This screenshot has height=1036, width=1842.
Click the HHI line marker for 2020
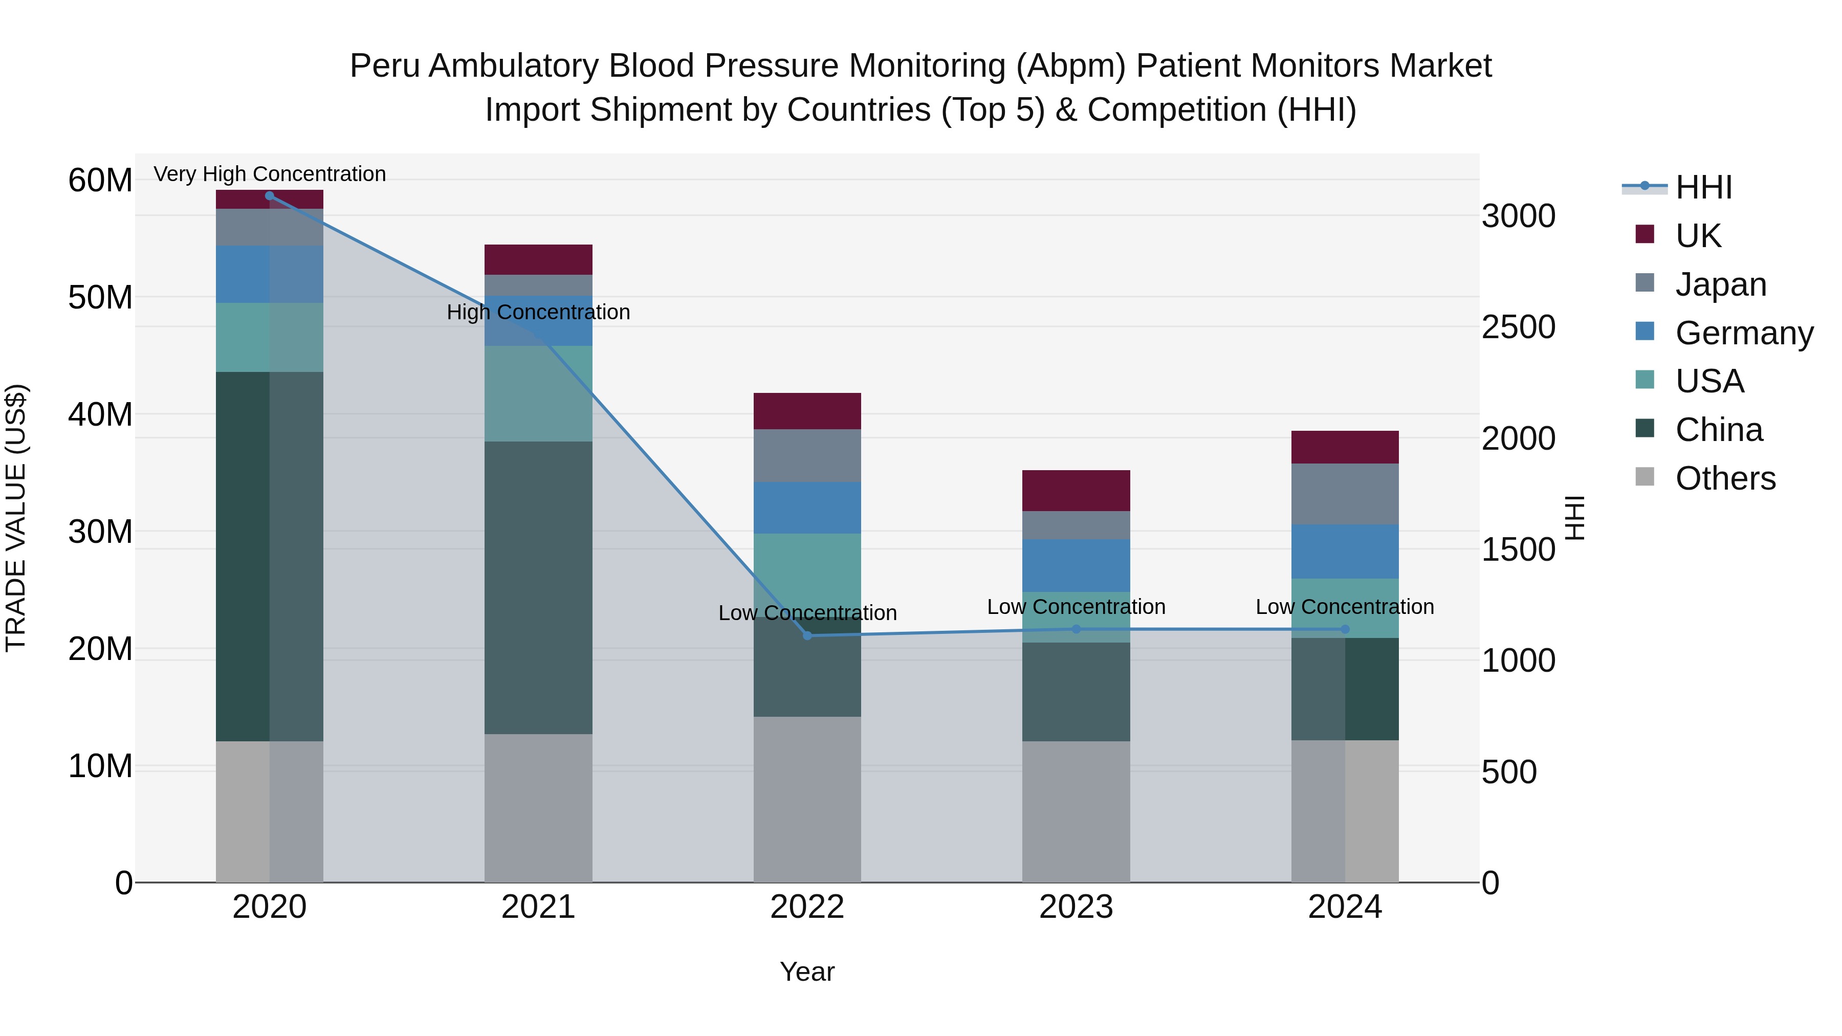[x=270, y=196]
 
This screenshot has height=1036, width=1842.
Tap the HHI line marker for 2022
[x=807, y=635]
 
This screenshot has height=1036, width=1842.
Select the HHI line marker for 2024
[x=1345, y=629]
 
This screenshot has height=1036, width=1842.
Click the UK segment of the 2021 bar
[x=538, y=259]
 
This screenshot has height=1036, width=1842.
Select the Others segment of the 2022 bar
[x=807, y=799]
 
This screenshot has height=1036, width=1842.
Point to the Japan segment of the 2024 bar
[x=1345, y=494]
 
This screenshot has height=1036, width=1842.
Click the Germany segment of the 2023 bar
[x=1076, y=565]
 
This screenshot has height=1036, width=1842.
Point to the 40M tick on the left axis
[x=100, y=415]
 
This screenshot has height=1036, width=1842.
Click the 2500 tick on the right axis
[x=1518, y=327]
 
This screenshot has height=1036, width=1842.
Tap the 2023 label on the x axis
[x=1076, y=907]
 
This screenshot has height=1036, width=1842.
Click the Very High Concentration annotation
[x=270, y=174]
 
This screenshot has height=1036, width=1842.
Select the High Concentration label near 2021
[x=538, y=313]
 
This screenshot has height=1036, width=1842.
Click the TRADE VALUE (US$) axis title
[x=16, y=518]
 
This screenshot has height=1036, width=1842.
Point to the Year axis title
[x=807, y=972]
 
